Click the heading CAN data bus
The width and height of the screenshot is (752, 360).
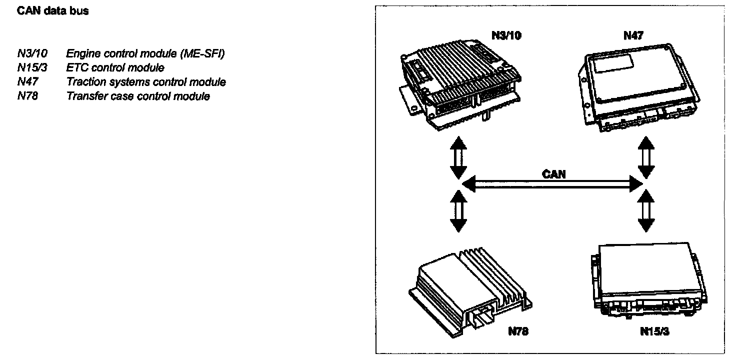pyautogui.click(x=52, y=11)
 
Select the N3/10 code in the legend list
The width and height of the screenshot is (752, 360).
pyautogui.click(x=32, y=53)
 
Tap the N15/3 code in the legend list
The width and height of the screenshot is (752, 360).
pyautogui.click(x=32, y=67)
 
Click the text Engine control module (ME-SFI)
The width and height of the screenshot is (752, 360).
pyautogui.click(x=145, y=53)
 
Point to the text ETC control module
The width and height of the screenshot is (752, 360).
pyautogui.click(x=115, y=67)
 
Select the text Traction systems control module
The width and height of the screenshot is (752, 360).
pyautogui.click(x=146, y=82)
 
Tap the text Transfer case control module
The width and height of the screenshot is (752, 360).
pyautogui.click(x=138, y=96)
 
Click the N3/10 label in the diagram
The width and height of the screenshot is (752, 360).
pyautogui.click(x=506, y=36)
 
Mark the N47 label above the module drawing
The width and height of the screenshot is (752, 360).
pyautogui.click(x=633, y=35)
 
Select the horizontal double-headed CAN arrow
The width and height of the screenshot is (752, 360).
pyautogui.click(x=552, y=184)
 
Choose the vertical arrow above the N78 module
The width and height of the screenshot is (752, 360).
pyautogui.click(x=458, y=210)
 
